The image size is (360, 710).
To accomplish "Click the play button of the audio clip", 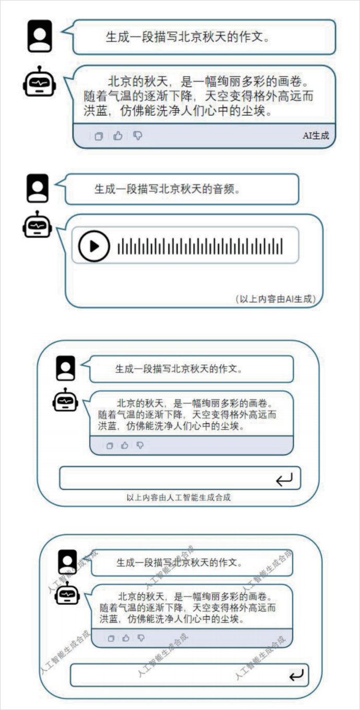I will [x=94, y=246].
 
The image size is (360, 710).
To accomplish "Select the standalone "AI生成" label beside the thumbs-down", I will [x=316, y=136].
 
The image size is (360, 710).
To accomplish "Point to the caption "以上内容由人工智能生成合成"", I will [x=179, y=497].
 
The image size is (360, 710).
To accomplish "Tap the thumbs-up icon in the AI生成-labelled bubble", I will [x=118, y=136].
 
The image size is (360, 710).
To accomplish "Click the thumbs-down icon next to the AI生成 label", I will [x=137, y=136].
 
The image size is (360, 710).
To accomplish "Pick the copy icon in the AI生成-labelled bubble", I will [x=98, y=136].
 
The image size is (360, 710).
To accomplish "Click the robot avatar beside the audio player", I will [x=37, y=225].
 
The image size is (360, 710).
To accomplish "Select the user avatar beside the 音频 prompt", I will [x=38, y=188].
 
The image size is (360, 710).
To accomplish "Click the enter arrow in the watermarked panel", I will [x=296, y=676].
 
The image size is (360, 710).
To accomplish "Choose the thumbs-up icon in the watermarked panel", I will [x=125, y=638].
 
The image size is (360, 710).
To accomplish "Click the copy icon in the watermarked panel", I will [x=110, y=638].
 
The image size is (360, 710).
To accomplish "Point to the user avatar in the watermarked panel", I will [x=67, y=562].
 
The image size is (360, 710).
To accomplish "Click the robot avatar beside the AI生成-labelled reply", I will [x=39, y=81].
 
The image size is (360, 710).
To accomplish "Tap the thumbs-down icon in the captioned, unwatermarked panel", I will [x=140, y=446].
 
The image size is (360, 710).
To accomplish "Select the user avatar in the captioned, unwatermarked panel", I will [x=66, y=368].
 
